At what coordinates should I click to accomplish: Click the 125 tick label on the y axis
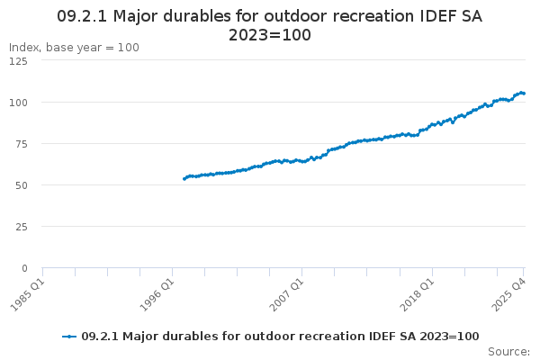pos(18,61)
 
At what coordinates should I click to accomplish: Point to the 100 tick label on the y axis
pos(18,103)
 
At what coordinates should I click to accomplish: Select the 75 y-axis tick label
pos(22,144)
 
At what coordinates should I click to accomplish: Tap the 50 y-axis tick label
pos(22,185)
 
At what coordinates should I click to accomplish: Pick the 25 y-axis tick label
pos(22,227)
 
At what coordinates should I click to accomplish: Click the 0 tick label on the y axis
pos(24,268)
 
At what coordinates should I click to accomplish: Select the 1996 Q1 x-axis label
pos(157,295)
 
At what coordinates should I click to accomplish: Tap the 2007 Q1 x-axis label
pos(286,295)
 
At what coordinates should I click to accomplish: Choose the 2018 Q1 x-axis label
pos(417,295)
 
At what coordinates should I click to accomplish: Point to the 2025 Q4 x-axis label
pos(508,295)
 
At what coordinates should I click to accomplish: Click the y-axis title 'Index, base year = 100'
pos(74,48)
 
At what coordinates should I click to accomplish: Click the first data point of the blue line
pos(184,179)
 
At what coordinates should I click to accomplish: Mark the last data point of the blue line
pos(524,93)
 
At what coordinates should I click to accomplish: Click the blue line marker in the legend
pos(69,337)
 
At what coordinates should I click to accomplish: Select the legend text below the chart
pos(280,337)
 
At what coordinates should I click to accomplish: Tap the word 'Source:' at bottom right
pos(509,352)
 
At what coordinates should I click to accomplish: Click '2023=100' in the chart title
pos(270,35)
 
